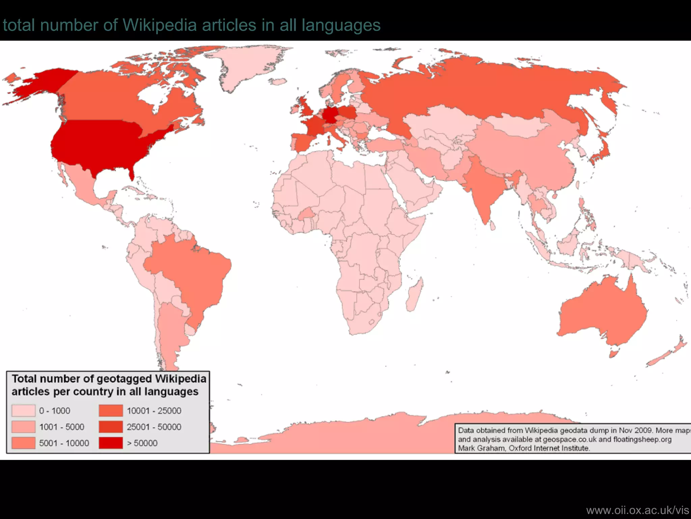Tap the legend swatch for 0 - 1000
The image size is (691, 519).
coord(23,411)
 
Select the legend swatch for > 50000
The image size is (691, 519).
coord(111,443)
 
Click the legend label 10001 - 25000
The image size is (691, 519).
coord(154,411)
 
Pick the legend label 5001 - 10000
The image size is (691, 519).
coord(64,443)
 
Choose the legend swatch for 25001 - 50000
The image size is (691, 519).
coord(111,427)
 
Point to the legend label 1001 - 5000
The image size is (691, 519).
coord(62,427)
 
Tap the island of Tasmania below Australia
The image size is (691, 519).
coord(614,353)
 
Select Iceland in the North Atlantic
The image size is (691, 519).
coord(279,82)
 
